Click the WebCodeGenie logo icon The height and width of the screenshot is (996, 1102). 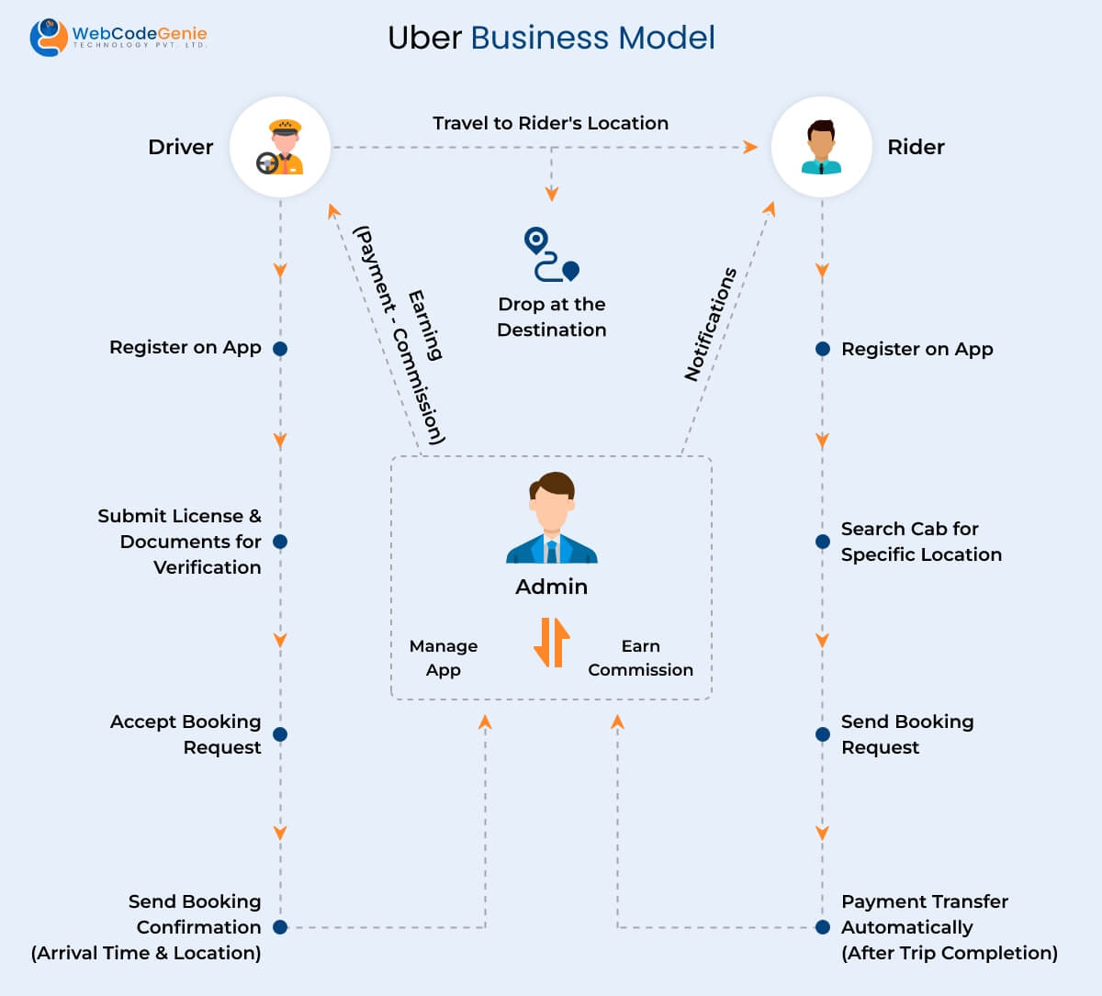(48, 37)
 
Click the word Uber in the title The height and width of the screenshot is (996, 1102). (424, 38)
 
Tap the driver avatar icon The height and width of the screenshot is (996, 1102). (280, 147)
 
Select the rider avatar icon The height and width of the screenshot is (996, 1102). (821, 147)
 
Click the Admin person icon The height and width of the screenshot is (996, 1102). (552, 519)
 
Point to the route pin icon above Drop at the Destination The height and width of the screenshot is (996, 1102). (551, 254)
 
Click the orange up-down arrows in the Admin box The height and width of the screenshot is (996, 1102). (551, 643)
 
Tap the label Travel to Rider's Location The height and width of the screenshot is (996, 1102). (550, 123)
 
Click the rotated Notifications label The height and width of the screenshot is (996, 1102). (711, 324)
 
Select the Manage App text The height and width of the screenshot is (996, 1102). (444, 658)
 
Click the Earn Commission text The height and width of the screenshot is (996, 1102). (640, 658)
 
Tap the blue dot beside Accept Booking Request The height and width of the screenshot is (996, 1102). (280, 734)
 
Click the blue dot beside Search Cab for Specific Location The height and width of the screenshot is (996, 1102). (823, 542)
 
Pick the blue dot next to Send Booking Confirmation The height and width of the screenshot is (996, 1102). (280, 927)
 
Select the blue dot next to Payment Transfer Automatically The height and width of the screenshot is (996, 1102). (823, 927)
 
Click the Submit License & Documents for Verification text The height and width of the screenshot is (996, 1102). (180, 542)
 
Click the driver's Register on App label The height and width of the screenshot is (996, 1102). (185, 347)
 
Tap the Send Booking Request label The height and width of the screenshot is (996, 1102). (906, 734)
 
